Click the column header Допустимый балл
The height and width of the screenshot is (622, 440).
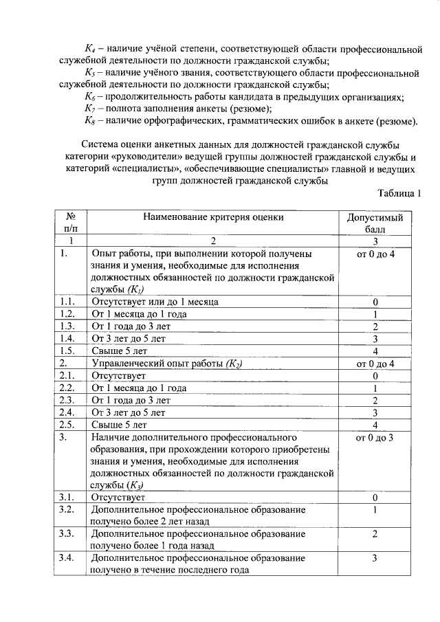[x=375, y=223]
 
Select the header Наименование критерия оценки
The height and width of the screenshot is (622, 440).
[x=213, y=217]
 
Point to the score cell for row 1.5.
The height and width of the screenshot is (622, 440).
[x=375, y=351]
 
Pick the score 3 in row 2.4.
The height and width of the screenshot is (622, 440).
[x=375, y=412]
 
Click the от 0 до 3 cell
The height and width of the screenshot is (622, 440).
[x=375, y=437]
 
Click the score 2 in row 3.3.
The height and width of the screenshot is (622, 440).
[x=375, y=533]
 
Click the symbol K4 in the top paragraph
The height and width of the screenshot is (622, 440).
[x=89, y=49]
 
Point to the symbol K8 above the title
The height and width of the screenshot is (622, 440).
[x=89, y=121]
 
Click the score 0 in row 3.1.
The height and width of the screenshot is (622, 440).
[x=375, y=497]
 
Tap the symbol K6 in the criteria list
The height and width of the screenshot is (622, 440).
[x=89, y=97]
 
